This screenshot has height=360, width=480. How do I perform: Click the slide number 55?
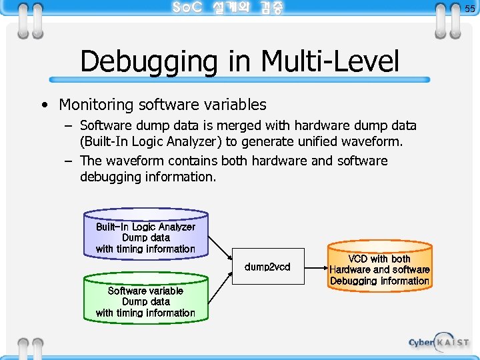pyautogui.click(x=470, y=9)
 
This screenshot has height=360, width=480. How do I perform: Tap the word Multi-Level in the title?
pyautogui.click(x=330, y=61)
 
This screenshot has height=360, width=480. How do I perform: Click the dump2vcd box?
pyautogui.click(x=267, y=267)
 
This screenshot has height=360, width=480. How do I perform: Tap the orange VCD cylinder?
pyautogui.click(x=379, y=268)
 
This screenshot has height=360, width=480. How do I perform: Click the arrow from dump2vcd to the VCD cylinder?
pyautogui.click(x=316, y=267)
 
